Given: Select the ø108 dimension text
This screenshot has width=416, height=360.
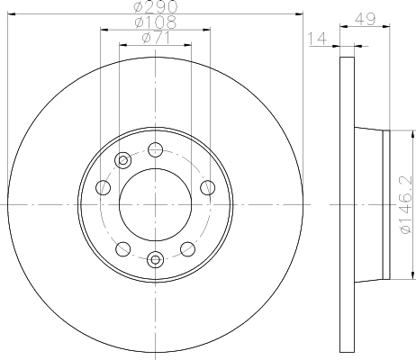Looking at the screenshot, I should [155, 21].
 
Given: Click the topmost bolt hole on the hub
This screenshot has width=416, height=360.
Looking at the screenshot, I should [155, 149].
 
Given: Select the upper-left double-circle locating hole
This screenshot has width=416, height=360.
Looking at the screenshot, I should [122, 161].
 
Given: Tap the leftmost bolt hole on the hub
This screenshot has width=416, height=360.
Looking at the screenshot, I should [103, 188].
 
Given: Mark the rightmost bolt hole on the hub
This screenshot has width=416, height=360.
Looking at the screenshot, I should [208, 187].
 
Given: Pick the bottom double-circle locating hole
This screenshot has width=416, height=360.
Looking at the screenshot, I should [155, 261].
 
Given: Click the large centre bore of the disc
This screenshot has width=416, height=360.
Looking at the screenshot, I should [155, 205].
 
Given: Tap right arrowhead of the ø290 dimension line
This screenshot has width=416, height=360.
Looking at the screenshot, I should [299, 13].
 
